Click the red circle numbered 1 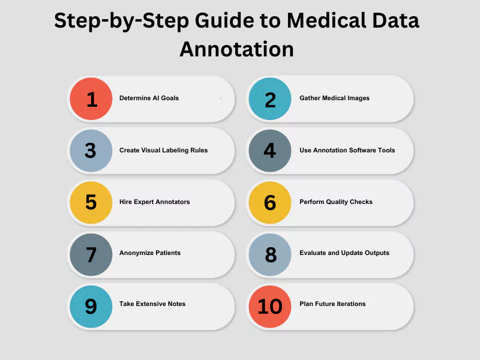pyautogui.click(x=91, y=98)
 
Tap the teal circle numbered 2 pyautogui.click(x=269, y=98)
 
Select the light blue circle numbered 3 pyautogui.click(x=91, y=151)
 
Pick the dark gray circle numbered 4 pyautogui.click(x=269, y=151)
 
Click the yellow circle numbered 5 pyautogui.click(x=91, y=202)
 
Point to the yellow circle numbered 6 pyautogui.click(x=269, y=202)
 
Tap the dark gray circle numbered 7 pyautogui.click(x=91, y=254)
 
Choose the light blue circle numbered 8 pyautogui.click(x=269, y=254)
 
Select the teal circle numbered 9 pyautogui.click(x=91, y=307)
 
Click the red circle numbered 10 pyautogui.click(x=269, y=307)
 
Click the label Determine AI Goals pyautogui.click(x=149, y=98)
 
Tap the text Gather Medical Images pyautogui.click(x=335, y=98)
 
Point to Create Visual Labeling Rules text pyautogui.click(x=163, y=151)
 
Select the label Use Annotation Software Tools pyautogui.click(x=347, y=150)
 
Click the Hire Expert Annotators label pyautogui.click(x=155, y=202)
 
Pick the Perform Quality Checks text pyautogui.click(x=336, y=202)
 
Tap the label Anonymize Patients pyautogui.click(x=150, y=253)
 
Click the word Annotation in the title pyautogui.click(x=236, y=49)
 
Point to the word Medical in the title pyautogui.click(x=327, y=21)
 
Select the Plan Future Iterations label pyautogui.click(x=332, y=304)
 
